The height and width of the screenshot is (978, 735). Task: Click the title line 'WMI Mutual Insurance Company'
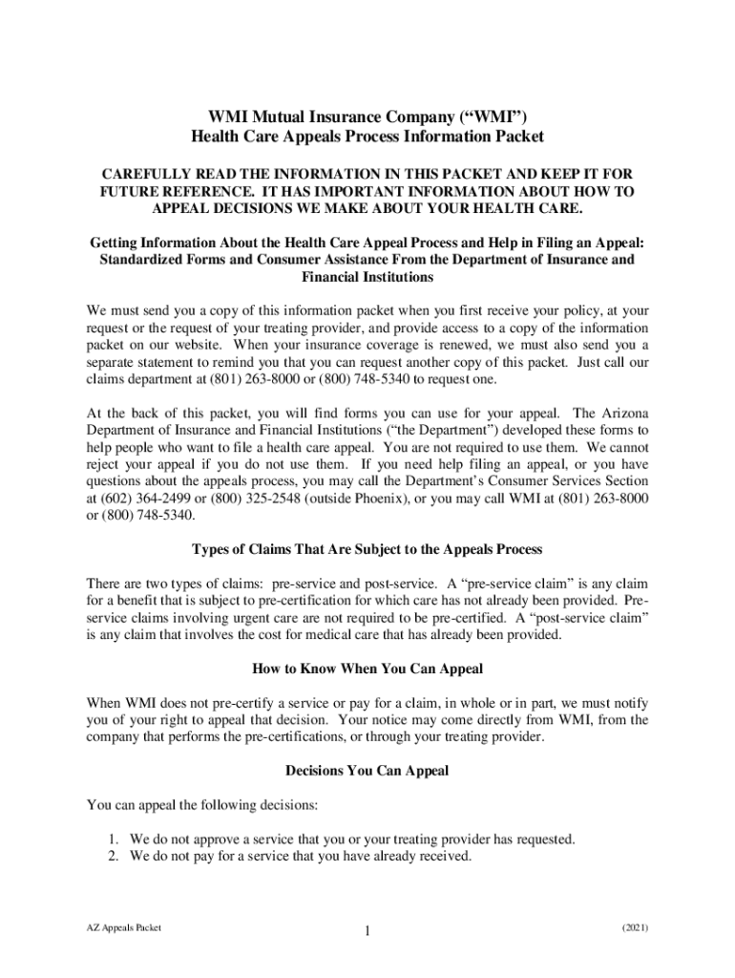coord(367,117)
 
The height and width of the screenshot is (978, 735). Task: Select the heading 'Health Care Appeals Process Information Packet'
coord(367,137)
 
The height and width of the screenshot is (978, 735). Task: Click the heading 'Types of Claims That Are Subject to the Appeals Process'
coord(367,549)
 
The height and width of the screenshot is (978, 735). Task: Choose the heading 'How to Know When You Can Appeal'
coord(367,668)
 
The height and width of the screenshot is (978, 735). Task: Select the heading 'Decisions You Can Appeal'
coord(367,771)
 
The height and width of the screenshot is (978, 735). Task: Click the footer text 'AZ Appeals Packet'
coord(123,927)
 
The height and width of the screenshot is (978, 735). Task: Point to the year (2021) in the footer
coord(635,927)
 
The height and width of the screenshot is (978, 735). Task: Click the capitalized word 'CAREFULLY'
coord(145,175)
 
